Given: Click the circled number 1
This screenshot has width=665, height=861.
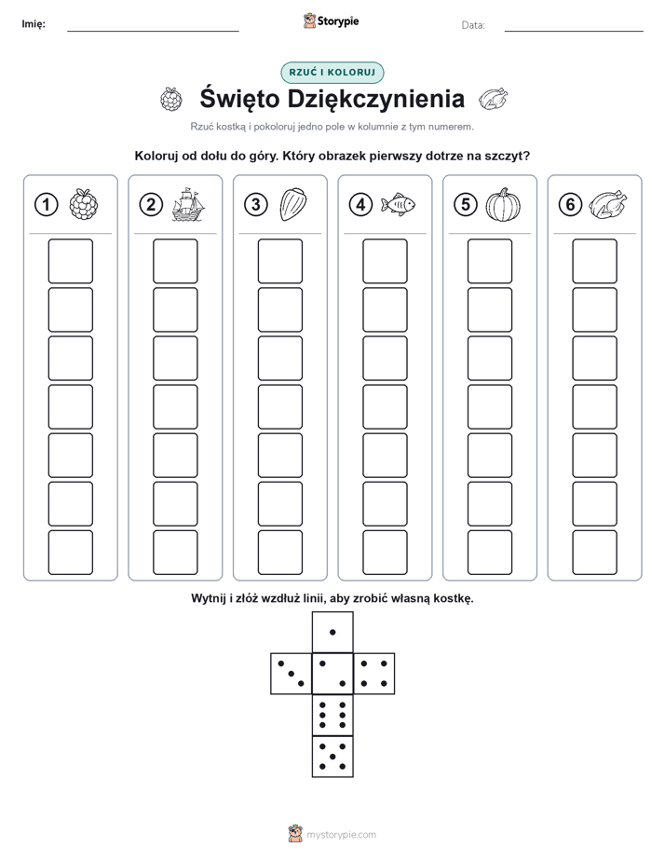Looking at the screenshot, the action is click(x=46, y=205).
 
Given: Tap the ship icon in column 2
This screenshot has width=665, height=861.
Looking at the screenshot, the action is click(x=188, y=204).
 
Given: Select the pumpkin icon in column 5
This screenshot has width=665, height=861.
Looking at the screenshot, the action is click(x=503, y=205).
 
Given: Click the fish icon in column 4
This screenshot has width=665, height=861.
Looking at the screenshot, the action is click(x=399, y=204).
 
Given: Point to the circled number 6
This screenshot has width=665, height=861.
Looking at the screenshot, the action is click(x=570, y=205).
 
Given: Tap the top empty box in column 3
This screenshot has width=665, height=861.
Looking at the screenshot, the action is click(x=280, y=261).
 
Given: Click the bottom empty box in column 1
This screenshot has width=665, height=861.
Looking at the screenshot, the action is click(x=71, y=552).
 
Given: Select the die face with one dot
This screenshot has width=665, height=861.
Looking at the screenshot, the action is click(x=332, y=632).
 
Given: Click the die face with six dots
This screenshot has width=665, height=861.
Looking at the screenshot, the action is click(x=332, y=715).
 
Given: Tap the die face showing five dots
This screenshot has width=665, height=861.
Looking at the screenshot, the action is click(x=332, y=756).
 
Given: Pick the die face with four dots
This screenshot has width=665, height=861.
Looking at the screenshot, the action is click(x=374, y=674).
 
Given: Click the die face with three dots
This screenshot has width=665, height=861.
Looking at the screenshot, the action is click(x=292, y=674).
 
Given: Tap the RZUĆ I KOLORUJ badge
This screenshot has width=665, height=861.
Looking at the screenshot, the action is click(x=332, y=73).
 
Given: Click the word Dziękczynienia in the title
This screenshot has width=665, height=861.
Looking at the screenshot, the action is click(x=376, y=100).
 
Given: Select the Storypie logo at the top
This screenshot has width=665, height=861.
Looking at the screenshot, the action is click(x=331, y=21).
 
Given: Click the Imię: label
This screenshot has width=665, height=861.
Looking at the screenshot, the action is click(x=34, y=23).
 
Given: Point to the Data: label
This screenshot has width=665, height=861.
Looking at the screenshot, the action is click(x=473, y=25).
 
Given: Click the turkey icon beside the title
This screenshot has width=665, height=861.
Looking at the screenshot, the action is click(x=494, y=99).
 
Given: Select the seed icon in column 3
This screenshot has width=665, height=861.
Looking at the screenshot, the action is click(x=293, y=205).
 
